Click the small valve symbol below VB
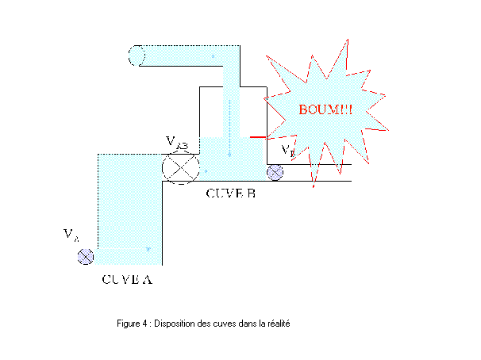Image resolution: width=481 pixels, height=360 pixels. point(275,171)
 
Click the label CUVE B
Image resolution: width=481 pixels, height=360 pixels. point(229,193)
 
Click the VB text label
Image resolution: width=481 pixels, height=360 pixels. point(289,150)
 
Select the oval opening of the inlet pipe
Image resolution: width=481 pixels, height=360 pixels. point(137,56)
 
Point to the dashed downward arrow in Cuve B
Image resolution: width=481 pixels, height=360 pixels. point(229,127)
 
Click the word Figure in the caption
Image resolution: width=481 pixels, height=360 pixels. point(129,324)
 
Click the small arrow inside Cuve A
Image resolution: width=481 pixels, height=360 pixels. point(148,250)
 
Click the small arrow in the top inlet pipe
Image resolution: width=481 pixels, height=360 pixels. point(213,56)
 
